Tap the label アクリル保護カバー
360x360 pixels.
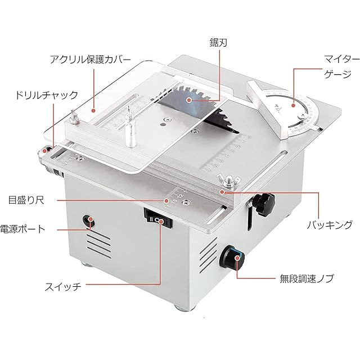[91, 59]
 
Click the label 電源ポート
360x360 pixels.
[23, 228]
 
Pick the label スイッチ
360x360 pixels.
[63, 286]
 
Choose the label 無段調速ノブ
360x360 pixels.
[307, 278]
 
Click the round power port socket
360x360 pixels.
[89, 220]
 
